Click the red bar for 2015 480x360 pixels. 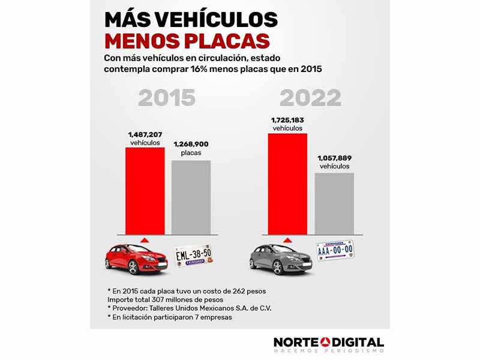[145, 190]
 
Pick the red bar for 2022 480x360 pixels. [287, 184]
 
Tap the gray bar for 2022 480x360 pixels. [335, 203]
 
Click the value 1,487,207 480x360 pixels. [145, 135]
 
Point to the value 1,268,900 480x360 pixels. [191, 145]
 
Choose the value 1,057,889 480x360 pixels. [335, 157]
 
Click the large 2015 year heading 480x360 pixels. [167, 97]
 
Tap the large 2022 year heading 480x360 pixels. [311, 97]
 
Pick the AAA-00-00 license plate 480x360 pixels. [335, 250]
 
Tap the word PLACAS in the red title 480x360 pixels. [226, 41]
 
